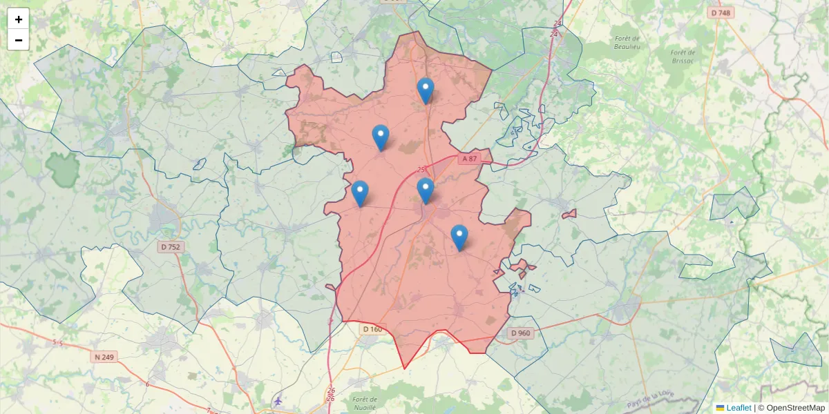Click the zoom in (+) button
(x=19, y=19)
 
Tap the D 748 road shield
(x=720, y=12)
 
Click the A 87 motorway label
(x=469, y=159)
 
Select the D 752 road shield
(x=170, y=246)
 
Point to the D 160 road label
(x=372, y=329)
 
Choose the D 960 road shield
(x=520, y=333)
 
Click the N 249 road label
(x=104, y=357)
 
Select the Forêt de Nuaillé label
(x=364, y=403)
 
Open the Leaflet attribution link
(x=739, y=408)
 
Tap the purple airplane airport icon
(x=278, y=401)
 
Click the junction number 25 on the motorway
(x=421, y=169)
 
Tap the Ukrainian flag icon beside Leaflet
(x=720, y=408)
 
